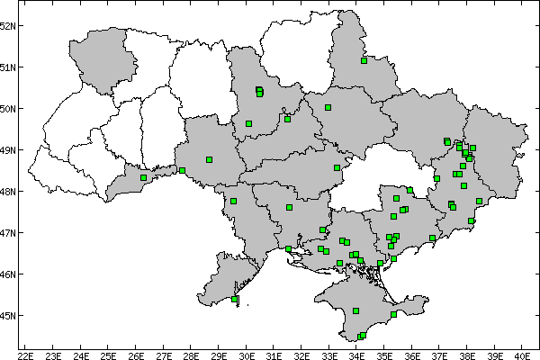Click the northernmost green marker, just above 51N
(364, 61)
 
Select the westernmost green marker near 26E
(143, 177)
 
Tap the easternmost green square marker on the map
(480, 201)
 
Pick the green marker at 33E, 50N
(328, 107)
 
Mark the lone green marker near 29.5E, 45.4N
(235, 299)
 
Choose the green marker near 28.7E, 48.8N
(209, 159)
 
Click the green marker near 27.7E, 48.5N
(182, 170)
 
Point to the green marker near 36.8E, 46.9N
(433, 238)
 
